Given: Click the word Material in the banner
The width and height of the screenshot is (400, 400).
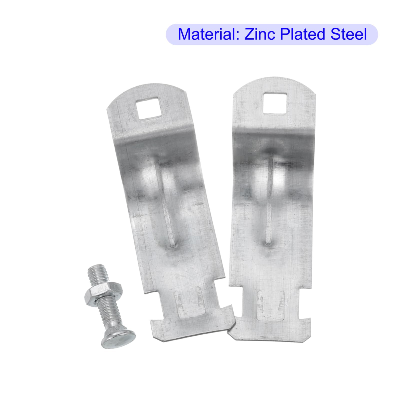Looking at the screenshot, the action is (209, 34).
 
